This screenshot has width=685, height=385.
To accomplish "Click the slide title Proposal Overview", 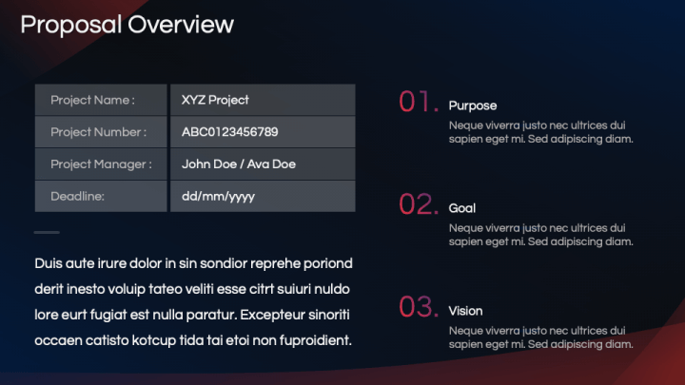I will point(127,24).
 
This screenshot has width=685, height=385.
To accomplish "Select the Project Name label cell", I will point(101,100).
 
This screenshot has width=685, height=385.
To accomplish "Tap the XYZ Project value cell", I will point(263,100).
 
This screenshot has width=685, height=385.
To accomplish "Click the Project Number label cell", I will point(101,132).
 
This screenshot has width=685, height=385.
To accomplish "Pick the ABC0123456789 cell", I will point(263,132).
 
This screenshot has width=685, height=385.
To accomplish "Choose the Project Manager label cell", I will point(101,164).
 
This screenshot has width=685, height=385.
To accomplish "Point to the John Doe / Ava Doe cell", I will point(263,164).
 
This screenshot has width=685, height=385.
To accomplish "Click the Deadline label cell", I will point(101,196).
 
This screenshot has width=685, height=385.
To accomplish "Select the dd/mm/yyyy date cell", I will point(263,196).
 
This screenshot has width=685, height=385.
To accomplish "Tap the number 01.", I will point(418,102).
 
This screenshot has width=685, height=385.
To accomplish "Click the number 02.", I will point(418,204).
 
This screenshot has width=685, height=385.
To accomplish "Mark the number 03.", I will point(418,307).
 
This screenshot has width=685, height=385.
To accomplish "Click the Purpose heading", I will point(473,106).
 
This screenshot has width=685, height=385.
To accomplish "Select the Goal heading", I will point(462,208).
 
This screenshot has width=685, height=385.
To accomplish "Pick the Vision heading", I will point(466,311).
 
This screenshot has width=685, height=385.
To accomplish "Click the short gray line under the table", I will point(47,232).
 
